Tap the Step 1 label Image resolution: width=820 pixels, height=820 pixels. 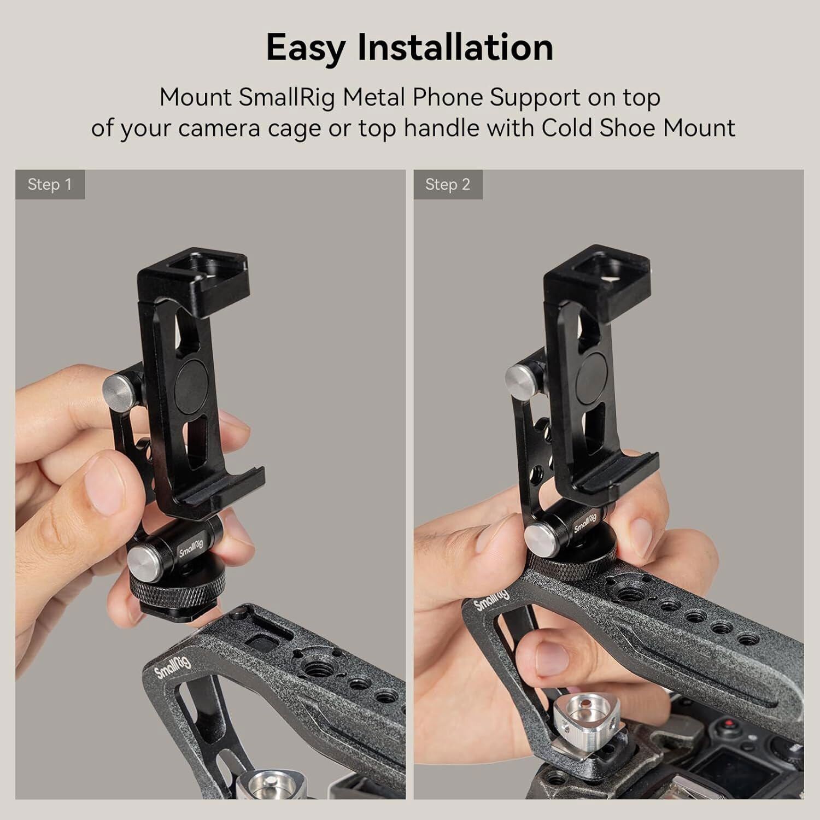click(x=50, y=185)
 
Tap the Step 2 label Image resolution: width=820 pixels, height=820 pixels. click(x=448, y=185)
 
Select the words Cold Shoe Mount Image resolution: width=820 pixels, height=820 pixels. click(x=638, y=128)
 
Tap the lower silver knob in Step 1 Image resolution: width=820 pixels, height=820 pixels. click(x=143, y=563)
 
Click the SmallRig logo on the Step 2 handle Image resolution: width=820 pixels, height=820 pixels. click(x=491, y=600)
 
